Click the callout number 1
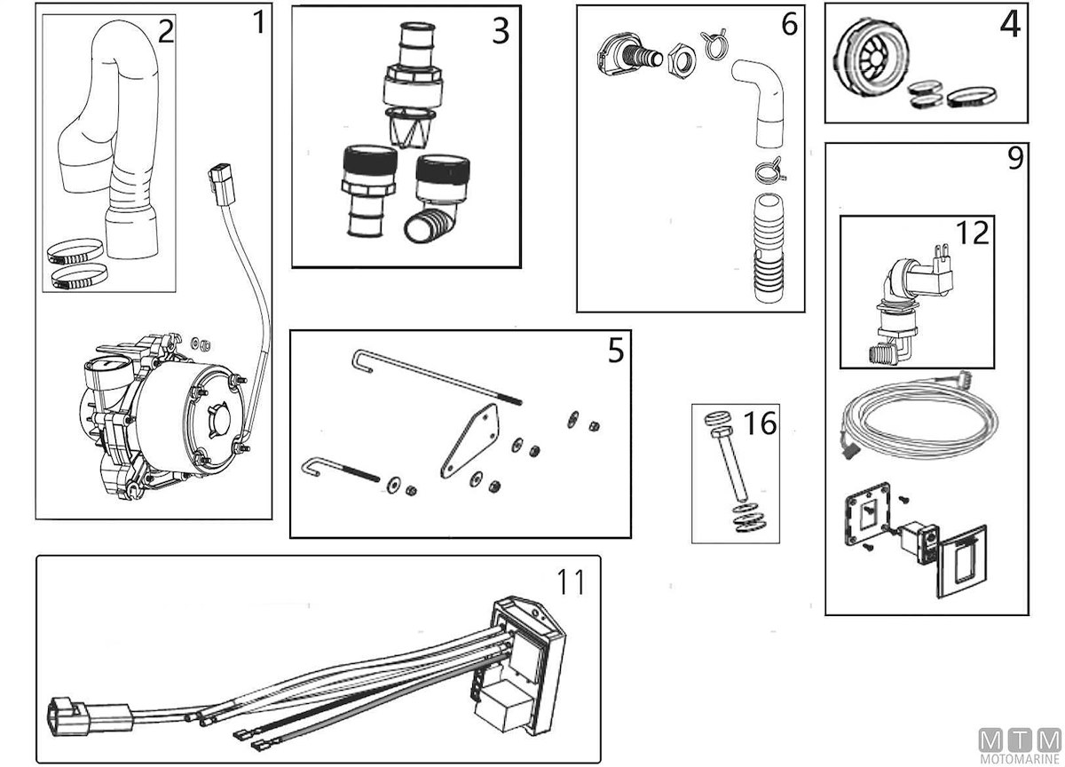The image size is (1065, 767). pyautogui.click(x=257, y=21)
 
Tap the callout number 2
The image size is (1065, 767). pyautogui.click(x=165, y=32)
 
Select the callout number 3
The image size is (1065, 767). pyautogui.click(x=501, y=31)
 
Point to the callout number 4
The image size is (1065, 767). pyautogui.click(x=1010, y=25)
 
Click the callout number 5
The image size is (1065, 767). pyautogui.click(x=615, y=352)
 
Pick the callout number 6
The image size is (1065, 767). pyautogui.click(x=789, y=24)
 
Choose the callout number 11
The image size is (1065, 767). pyautogui.click(x=571, y=583)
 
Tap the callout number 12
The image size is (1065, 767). pyautogui.click(x=974, y=233)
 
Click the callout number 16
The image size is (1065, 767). pyautogui.click(x=761, y=423)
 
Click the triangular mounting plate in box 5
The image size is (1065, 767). pyautogui.click(x=469, y=441)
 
